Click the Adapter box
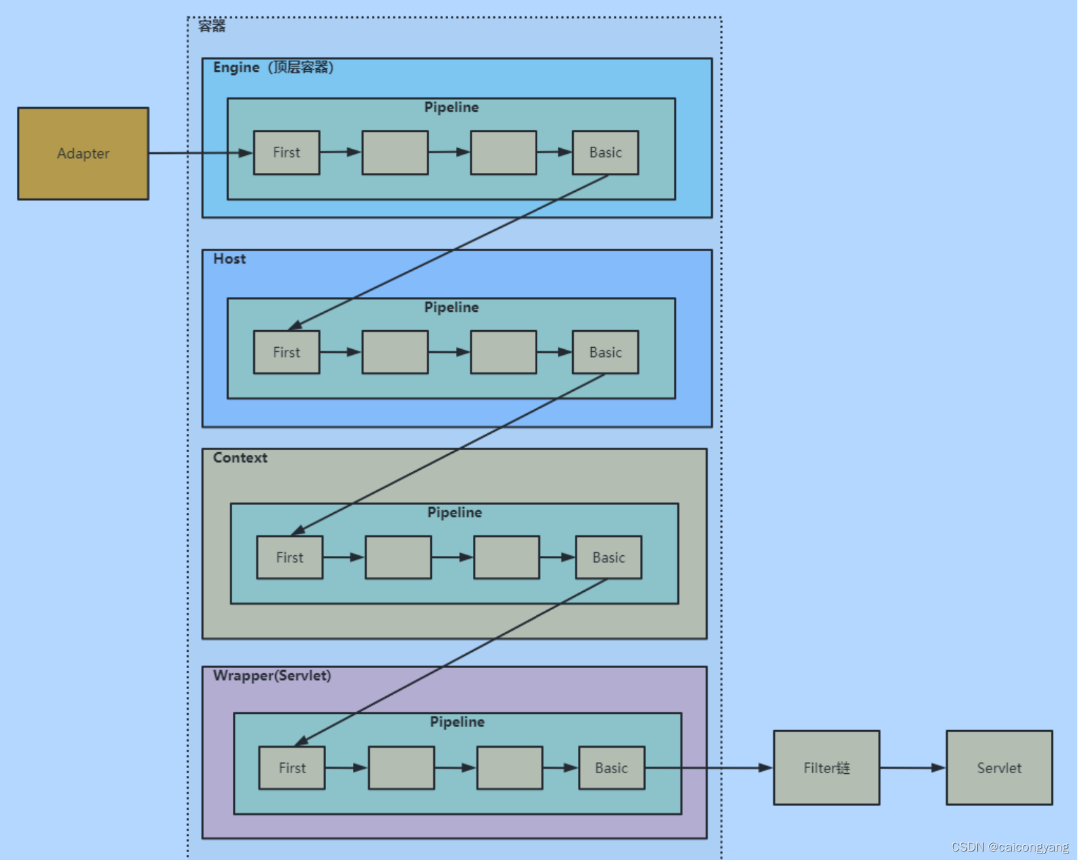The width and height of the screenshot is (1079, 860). (x=83, y=153)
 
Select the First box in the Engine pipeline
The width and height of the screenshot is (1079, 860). (x=286, y=153)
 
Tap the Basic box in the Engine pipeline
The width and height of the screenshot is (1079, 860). (x=605, y=153)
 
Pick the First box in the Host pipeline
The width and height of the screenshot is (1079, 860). (x=286, y=352)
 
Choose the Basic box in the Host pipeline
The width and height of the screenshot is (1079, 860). (x=605, y=352)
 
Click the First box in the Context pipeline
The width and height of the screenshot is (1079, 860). (x=290, y=558)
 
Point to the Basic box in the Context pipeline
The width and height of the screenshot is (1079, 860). (x=609, y=558)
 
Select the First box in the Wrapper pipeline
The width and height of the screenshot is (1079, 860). (x=292, y=768)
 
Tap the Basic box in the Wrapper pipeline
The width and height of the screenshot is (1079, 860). (x=611, y=768)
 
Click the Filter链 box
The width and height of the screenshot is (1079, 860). (x=827, y=768)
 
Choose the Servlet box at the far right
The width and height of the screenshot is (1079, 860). (x=999, y=768)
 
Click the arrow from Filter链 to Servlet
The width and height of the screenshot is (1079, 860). (x=913, y=768)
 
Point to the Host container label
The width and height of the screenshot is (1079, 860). (x=230, y=259)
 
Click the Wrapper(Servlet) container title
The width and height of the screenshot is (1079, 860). (x=272, y=675)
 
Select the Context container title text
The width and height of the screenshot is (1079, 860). (x=240, y=458)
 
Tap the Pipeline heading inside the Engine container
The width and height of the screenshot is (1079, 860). (x=451, y=108)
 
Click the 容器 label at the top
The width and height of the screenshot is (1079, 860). (x=212, y=26)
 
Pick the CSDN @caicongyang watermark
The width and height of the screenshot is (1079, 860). (x=1010, y=847)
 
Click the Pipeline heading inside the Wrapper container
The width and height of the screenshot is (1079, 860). (x=457, y=722)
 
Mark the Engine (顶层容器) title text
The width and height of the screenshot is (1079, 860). (x=273, y=67)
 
